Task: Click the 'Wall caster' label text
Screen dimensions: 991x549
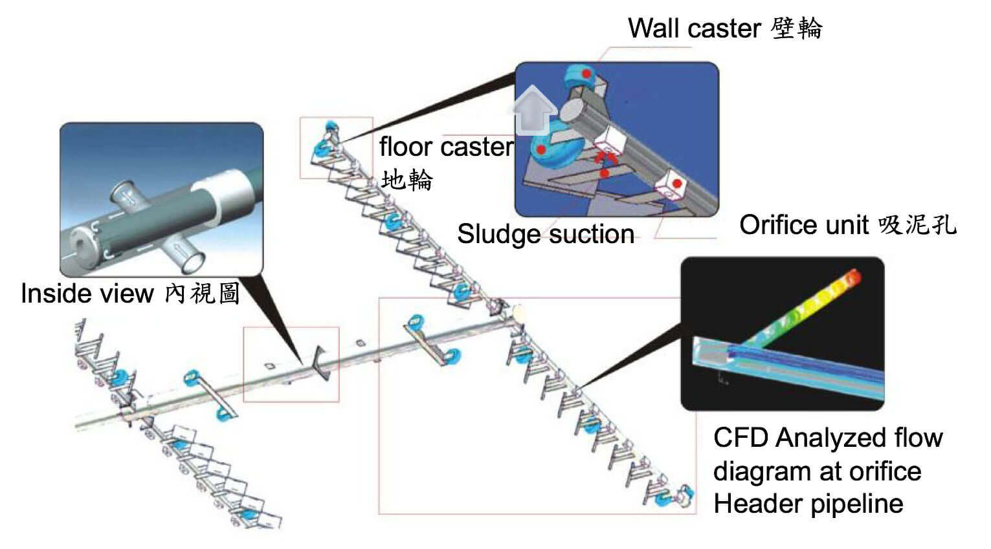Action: click(x=694, y=28)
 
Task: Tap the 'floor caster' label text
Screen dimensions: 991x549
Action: click(x=447, y=147)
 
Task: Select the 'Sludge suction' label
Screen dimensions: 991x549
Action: click(x=546, y=234)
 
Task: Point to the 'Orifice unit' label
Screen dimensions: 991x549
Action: click(x=804, y=225)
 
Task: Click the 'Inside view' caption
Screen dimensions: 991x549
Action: click(x=87, y=293)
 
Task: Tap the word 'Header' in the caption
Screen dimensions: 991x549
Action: click(x=754, y=504)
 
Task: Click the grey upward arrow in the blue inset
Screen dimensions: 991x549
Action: click(x=533, y=110)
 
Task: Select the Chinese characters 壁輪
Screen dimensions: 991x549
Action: click(x=796, y=28)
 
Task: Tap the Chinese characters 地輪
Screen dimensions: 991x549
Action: click(x=406, y=180)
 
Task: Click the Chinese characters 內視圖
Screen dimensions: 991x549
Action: click(x=202, y=293)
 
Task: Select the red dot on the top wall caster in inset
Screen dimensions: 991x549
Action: click(x=586, y=74)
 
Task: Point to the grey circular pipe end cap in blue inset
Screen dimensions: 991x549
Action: click(x=573, y=111)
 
